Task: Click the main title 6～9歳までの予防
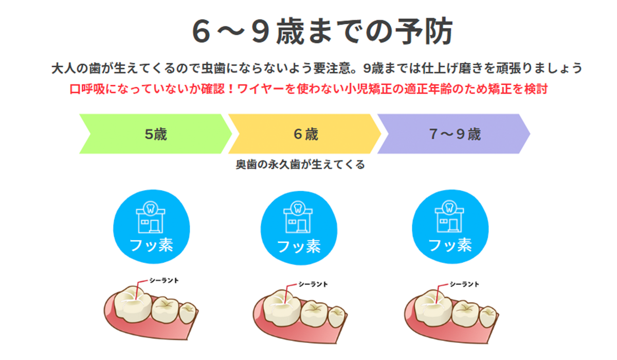pos(322,31)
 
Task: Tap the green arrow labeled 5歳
pos(155,134)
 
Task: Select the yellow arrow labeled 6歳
pos(304,134)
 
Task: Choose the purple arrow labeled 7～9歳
pos(454,134)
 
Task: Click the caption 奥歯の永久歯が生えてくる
pos(300,165)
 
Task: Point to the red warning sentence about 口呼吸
pos(308,89)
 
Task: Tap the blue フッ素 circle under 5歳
pos(152,226)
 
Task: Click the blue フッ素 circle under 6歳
pos(299,228)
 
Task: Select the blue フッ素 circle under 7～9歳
pos(450,226)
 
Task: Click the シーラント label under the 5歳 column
pos(164,280)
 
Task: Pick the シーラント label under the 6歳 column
pos(313,284)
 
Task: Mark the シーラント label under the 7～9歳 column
pos(464,284)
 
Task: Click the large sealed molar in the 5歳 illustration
pos(133,304)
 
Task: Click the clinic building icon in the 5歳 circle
pos(150,217)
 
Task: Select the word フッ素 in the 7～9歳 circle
pos(450,245)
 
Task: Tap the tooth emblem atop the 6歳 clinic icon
pos(298,208)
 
